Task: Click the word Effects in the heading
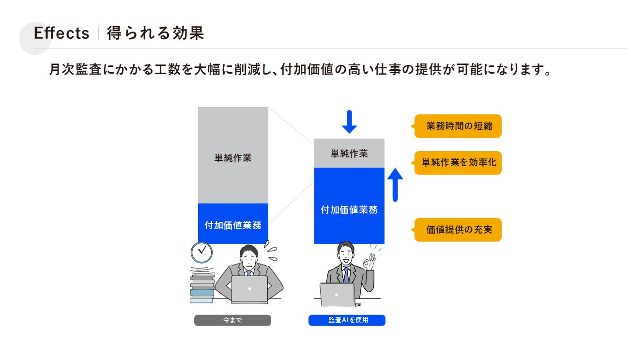point(62,33)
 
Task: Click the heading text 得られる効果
point(155,33)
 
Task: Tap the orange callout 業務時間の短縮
point(458,126)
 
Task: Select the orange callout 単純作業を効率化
point(458,163)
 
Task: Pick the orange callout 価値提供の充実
point(458,230)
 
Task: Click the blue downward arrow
point(349,122)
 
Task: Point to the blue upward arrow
point(395,184)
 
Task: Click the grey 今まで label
point(232,320)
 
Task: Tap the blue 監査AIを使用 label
point(347,320)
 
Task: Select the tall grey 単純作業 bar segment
point(233,155)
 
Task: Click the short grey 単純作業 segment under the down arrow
point(349,153)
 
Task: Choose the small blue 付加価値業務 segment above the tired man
point(233,224)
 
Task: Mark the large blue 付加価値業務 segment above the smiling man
point(349,208)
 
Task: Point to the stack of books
point(202,288)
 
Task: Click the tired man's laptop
point(249,289)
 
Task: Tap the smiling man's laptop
point(338,295)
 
